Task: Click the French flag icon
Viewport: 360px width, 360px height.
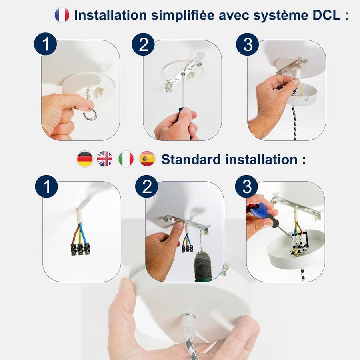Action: coord(62,15)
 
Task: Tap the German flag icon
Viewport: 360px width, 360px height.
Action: coord(85,159)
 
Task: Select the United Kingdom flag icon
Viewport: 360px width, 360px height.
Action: coord(105,159)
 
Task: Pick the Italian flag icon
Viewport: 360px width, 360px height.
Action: coord(126,159)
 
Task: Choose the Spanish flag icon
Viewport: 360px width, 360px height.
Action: coord(147,159)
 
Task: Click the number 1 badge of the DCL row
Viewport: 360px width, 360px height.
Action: coord(46,44)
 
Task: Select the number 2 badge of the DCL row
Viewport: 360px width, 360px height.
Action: coord(143,44)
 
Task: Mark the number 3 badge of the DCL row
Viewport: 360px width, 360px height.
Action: coord(248,44)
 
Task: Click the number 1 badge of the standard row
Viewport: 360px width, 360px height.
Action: coord(46,186)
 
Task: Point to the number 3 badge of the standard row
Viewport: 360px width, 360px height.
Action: coord(246,186)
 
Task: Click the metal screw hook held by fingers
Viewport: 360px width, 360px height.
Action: coord(90,105)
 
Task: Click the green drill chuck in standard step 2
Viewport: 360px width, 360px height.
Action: coord(202,266)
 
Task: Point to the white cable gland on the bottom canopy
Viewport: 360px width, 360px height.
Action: coord(188,322)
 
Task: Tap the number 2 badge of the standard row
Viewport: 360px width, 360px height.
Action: coord(146,186)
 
